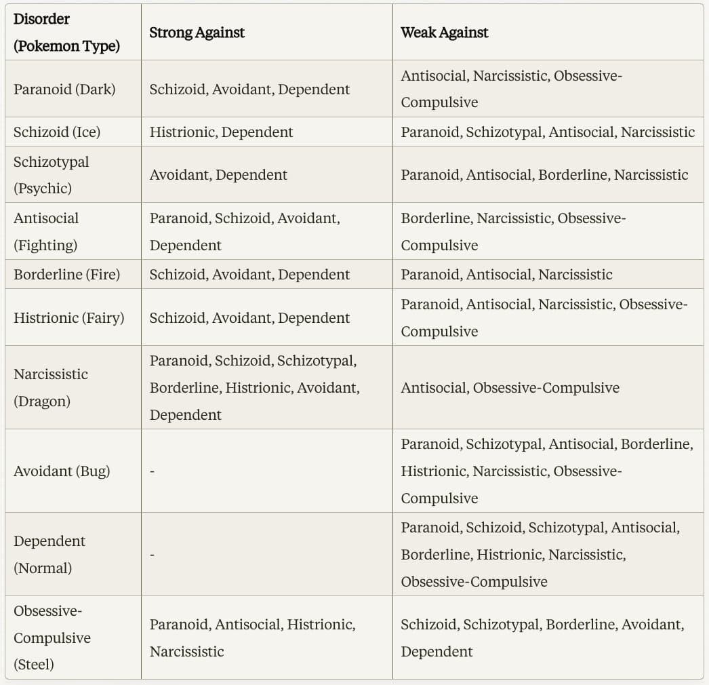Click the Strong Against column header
coord(197,33)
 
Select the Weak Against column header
coord(444,33)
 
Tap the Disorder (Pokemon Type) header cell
coord(66,33)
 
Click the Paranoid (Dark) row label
coord(64,89)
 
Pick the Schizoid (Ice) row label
coord(57,132)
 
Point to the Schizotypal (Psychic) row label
coord(52,175)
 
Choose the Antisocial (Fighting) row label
coord(46,231)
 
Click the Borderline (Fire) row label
coord(66,274)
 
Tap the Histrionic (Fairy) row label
coord(68,317)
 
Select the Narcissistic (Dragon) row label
coord(51,387)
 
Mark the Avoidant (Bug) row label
coord(62,471)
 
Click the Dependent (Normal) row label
coord(49,554)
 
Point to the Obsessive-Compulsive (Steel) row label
coord(52,638)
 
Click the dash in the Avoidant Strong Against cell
coord(152,471)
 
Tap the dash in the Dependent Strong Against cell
coord(152,555)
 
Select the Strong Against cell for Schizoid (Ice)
coord(221,132)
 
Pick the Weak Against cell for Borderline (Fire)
coord(506,274)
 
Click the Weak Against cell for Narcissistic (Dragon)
coord(510,387)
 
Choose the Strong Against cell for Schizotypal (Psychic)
coord(218,175)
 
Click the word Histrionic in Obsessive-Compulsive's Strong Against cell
coord(321,624)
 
